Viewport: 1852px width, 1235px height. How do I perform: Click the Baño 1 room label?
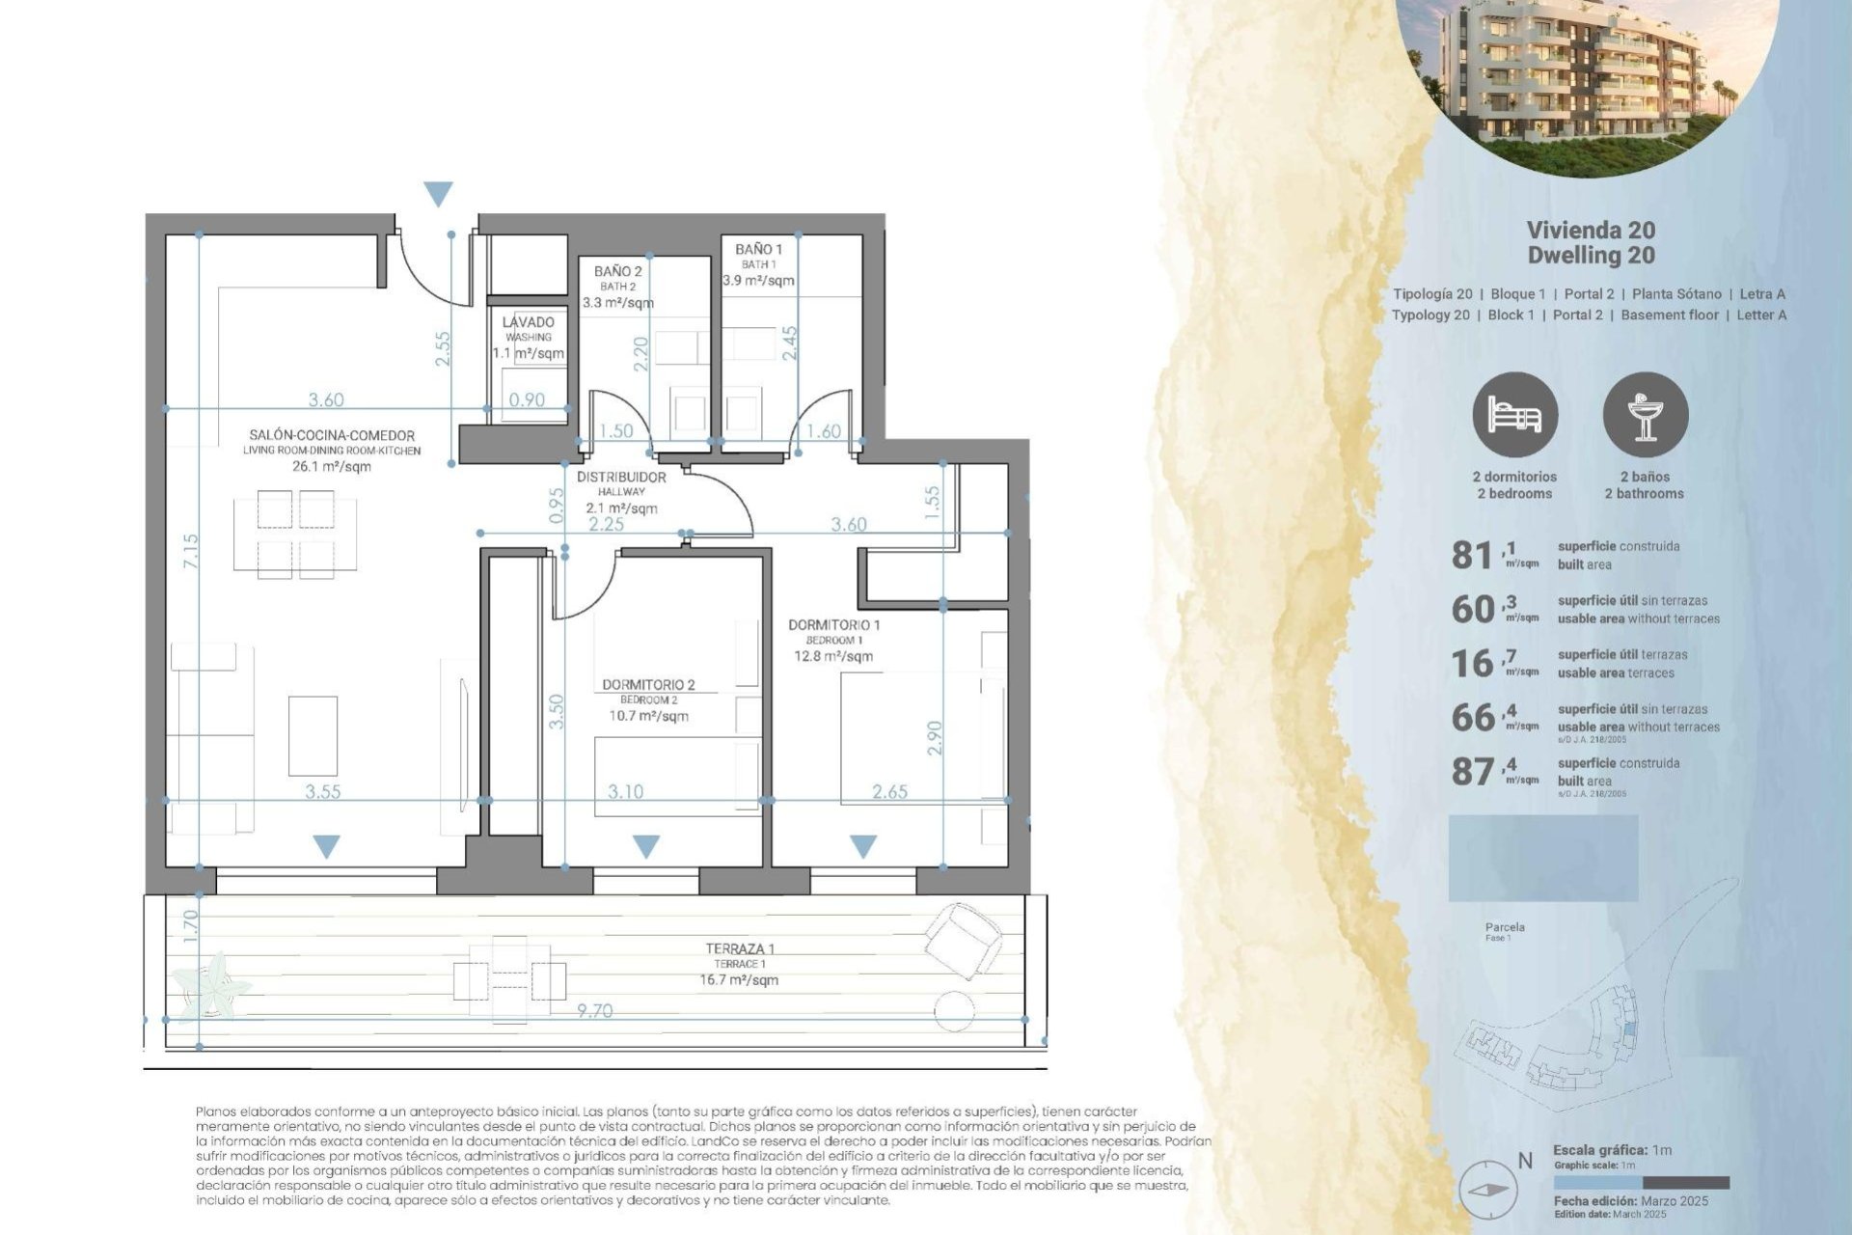758,250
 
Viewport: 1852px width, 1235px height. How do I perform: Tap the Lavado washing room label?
529,322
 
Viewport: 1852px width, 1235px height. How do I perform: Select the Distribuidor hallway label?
621,478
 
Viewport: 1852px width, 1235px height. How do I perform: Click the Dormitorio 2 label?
648,685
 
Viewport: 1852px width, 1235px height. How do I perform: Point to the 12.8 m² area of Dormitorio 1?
833,656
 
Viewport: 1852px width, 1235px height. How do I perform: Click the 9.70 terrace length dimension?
594,1011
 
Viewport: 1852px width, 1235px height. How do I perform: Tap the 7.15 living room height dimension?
191,551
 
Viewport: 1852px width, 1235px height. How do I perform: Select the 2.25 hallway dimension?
607,525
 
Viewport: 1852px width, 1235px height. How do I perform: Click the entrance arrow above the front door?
439,194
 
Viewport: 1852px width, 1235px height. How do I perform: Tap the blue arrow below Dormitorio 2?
646,847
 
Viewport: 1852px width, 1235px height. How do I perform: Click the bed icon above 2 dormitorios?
1514,416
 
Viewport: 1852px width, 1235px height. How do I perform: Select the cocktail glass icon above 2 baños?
1646,416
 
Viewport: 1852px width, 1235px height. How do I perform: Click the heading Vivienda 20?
1591,230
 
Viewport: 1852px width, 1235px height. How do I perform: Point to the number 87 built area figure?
1472,772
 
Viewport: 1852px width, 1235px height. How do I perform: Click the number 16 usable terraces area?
1472,664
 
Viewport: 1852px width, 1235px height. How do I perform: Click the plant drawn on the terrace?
213,984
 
